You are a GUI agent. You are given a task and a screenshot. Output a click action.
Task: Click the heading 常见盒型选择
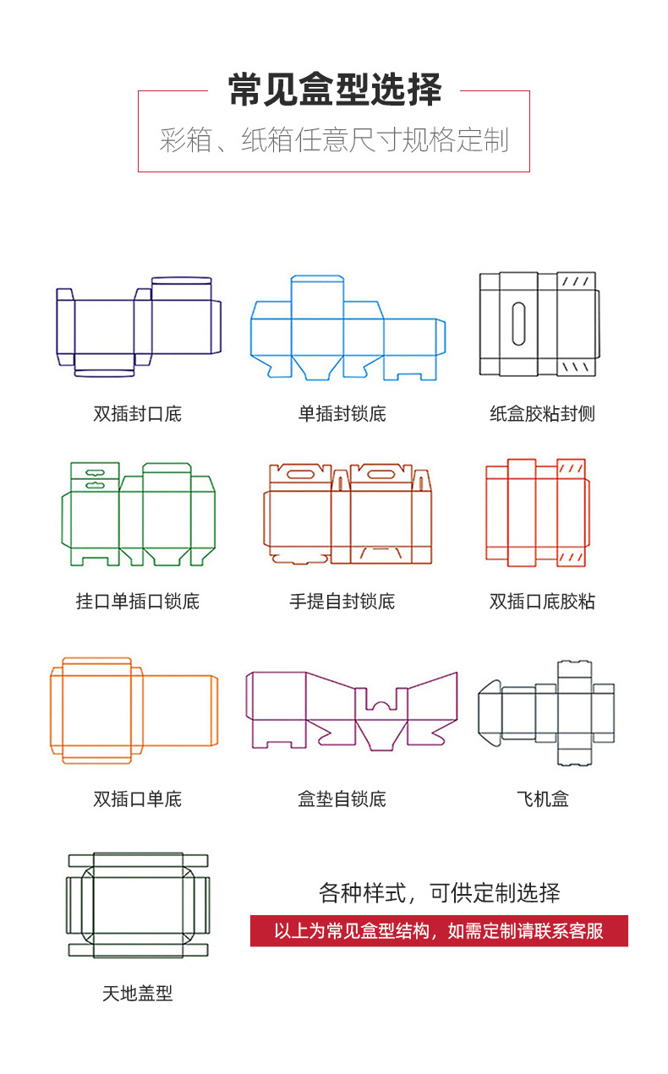pyautogui.click(x=334, y=90)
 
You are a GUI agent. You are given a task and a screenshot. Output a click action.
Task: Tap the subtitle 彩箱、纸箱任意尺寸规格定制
pyautogui.click(x=334, y=139)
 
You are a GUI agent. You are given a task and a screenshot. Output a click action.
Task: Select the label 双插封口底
pyautogui.click(x=137, y=414)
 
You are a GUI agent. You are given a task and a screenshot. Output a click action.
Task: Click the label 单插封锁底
pyautogui.click(x=342, y=414)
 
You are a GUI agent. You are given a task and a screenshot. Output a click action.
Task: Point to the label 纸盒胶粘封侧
pyautogui.click(x=542, y=414)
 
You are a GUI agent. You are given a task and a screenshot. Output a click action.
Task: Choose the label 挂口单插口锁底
pyautogui.click(x=137, y=602)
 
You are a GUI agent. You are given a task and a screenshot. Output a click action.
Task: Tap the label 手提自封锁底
pyautogui.click(x=342, y=602)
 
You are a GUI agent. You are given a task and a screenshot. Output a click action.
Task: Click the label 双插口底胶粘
pyautogui.click(x=542, y=602)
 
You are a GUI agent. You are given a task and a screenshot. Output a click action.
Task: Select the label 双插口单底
pyautogui.click(x=137, y=799)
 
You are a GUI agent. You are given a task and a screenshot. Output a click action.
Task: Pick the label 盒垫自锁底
pyautogui.click(x=342, y=799)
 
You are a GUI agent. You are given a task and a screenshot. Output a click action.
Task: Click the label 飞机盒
pyautogui.click(x=542, y=799)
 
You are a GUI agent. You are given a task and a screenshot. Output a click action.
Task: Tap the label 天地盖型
pyautogui.click(x=137, y=995)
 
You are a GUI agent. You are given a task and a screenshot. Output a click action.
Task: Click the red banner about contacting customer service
pyautogui.click(x=439, y=931)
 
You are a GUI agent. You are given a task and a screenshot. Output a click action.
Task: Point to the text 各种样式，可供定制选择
pyautogui.click(x=439, y=892)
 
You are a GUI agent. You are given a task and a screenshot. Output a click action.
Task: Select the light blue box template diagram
pyautogui.click(x=347, y=328)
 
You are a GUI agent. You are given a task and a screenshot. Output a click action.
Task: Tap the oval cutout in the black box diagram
pyautogui.click(x=517, y=324)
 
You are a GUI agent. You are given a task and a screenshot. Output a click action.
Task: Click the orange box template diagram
pyautogui.click(x=134, y=710)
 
